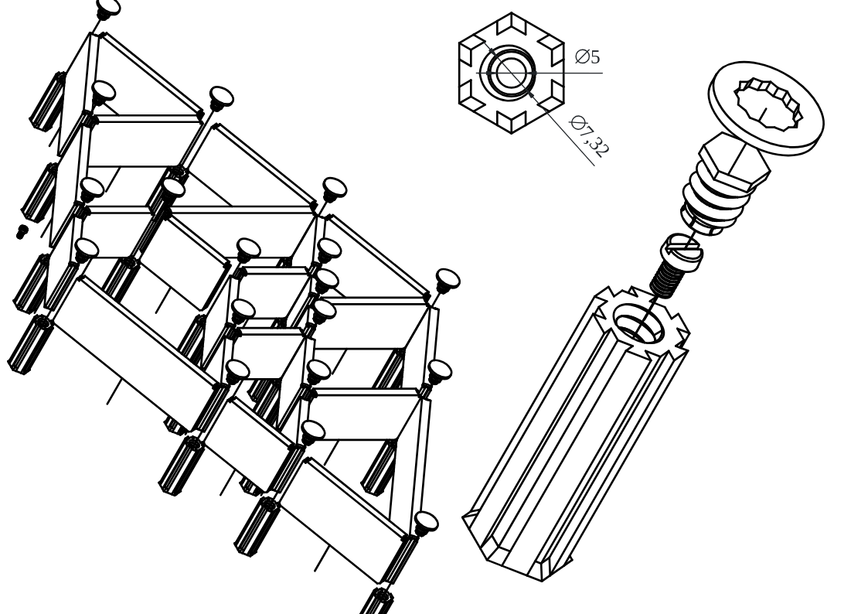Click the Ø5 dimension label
click(x=588, y=57)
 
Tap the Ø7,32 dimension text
click(x=590, y=135)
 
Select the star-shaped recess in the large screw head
click(x=768, y=105)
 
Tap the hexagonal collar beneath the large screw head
click(x=734, y=161)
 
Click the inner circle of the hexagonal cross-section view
click(x=510, y=72)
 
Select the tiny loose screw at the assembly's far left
click(x=22, y=231)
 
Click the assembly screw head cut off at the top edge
click(x=108, y=7)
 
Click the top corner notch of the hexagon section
click(x=511, y=23)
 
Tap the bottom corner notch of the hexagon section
click(x=511, y=122)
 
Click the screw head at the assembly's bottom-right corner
click(x=426, y=522)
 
